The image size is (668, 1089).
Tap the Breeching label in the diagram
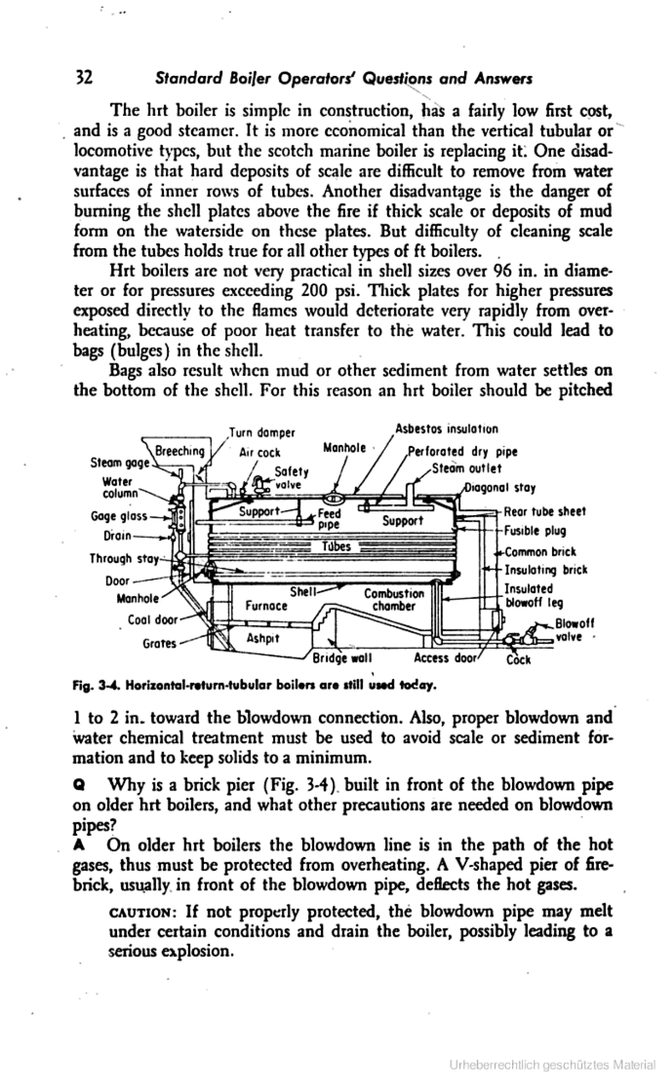point(180,451)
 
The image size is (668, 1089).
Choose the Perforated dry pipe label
point(462,452)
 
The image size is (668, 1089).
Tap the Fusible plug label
point(535,530)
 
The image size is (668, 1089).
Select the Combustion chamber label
point(394,599)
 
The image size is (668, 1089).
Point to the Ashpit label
point(263,638)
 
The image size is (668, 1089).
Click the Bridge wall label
point(342,659)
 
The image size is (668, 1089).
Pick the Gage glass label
point(118,516)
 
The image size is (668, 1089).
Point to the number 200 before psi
point(314,291)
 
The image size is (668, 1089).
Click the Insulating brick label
point(546,570)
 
